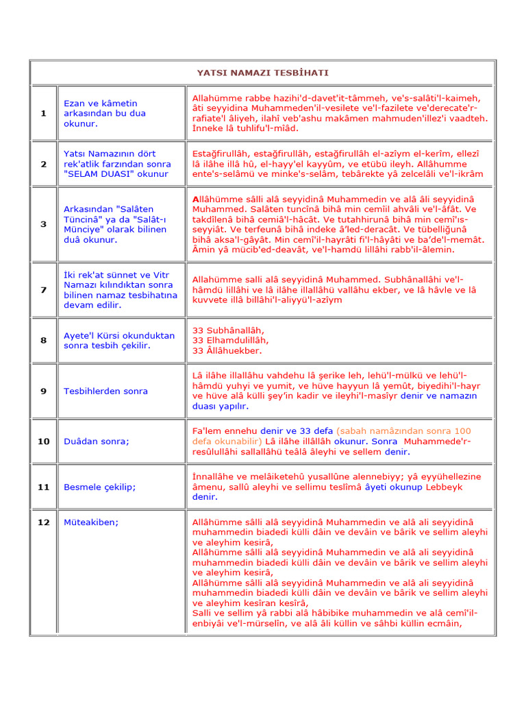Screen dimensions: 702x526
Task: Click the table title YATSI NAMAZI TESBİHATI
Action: click(x=262, y=73)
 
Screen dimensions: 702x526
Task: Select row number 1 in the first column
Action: click(x=43, y=113)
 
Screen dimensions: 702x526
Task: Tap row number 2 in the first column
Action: click(x=43, y=164)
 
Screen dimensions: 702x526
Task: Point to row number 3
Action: click(x=43, y=223)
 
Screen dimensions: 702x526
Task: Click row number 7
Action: click(x=43, y=289)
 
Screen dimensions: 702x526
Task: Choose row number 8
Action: click(x=43, y=340)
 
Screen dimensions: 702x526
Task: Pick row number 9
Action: click(x=43, y=391)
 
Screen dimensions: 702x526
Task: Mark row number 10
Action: click(x=43, y=441)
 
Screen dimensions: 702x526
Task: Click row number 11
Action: click(x=43, y=487)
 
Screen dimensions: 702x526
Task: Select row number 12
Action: click(x=43, y=522)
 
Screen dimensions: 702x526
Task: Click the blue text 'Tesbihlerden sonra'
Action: click(x=105, y=391)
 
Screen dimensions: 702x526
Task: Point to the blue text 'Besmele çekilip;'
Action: click(x=99, y=487)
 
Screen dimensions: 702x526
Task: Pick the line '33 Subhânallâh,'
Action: click(x=227, y=330)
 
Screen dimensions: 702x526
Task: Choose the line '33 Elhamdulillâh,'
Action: click(x=231, y=340)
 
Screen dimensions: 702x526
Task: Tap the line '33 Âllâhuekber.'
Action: click(x=227, y=350)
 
